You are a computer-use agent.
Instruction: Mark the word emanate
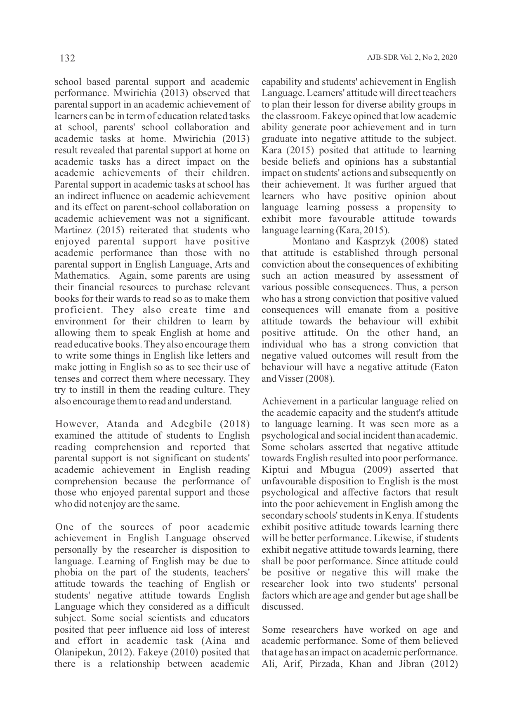[x=363, y=310]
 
